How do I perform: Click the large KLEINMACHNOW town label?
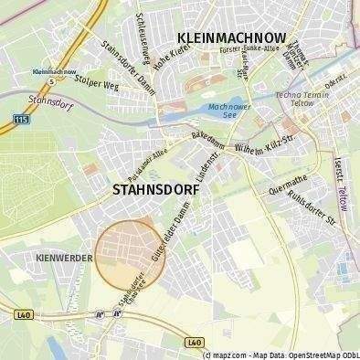coord(231,38)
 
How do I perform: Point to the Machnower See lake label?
coord(224,111)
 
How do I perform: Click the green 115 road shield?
coord(21,118)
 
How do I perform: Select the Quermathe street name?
coord(290,185)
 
